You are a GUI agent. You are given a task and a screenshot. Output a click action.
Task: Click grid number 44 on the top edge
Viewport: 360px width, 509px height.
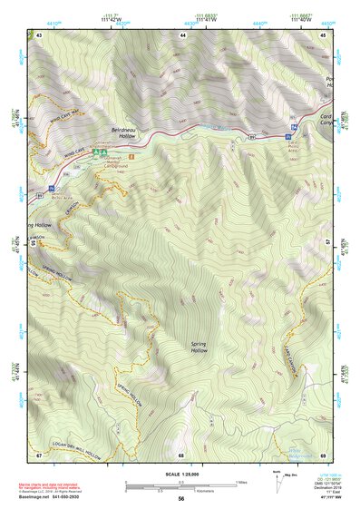183,34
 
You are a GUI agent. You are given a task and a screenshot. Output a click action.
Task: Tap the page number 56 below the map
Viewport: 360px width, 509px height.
181,499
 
